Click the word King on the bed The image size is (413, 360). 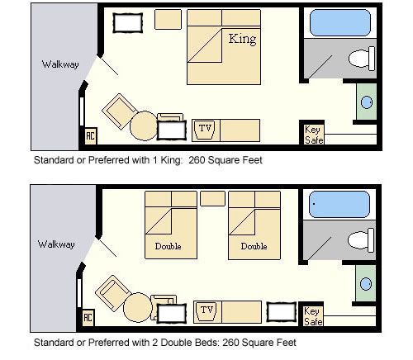[x=242, y=39]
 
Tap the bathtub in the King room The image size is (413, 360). [x=340, y=23]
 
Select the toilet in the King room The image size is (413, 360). [x=362, y=59]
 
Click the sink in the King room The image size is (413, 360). [x=367, y=102]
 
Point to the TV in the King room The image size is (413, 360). [x=206, y=130]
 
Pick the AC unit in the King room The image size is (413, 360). [x=91, y=135]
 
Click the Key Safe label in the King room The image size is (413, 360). [x=314, y=135]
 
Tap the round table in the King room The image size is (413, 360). [x=144, y=126]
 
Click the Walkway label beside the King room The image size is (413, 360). [x=60, y=64]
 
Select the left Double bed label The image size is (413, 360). [x=168, y=246]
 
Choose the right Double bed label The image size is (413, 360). [x=254, y=246]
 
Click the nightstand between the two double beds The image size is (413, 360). [x=212, y=198]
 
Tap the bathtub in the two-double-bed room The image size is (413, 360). [x=339, y=205]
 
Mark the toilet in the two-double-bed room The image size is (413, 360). [x=361, y=240]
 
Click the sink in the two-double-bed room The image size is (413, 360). [x=366, y=284]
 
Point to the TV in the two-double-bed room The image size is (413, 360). [x=207, y=311]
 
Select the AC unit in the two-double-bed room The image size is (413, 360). [x=88, y=317]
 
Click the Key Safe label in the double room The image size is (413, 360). [x=313, y=316]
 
